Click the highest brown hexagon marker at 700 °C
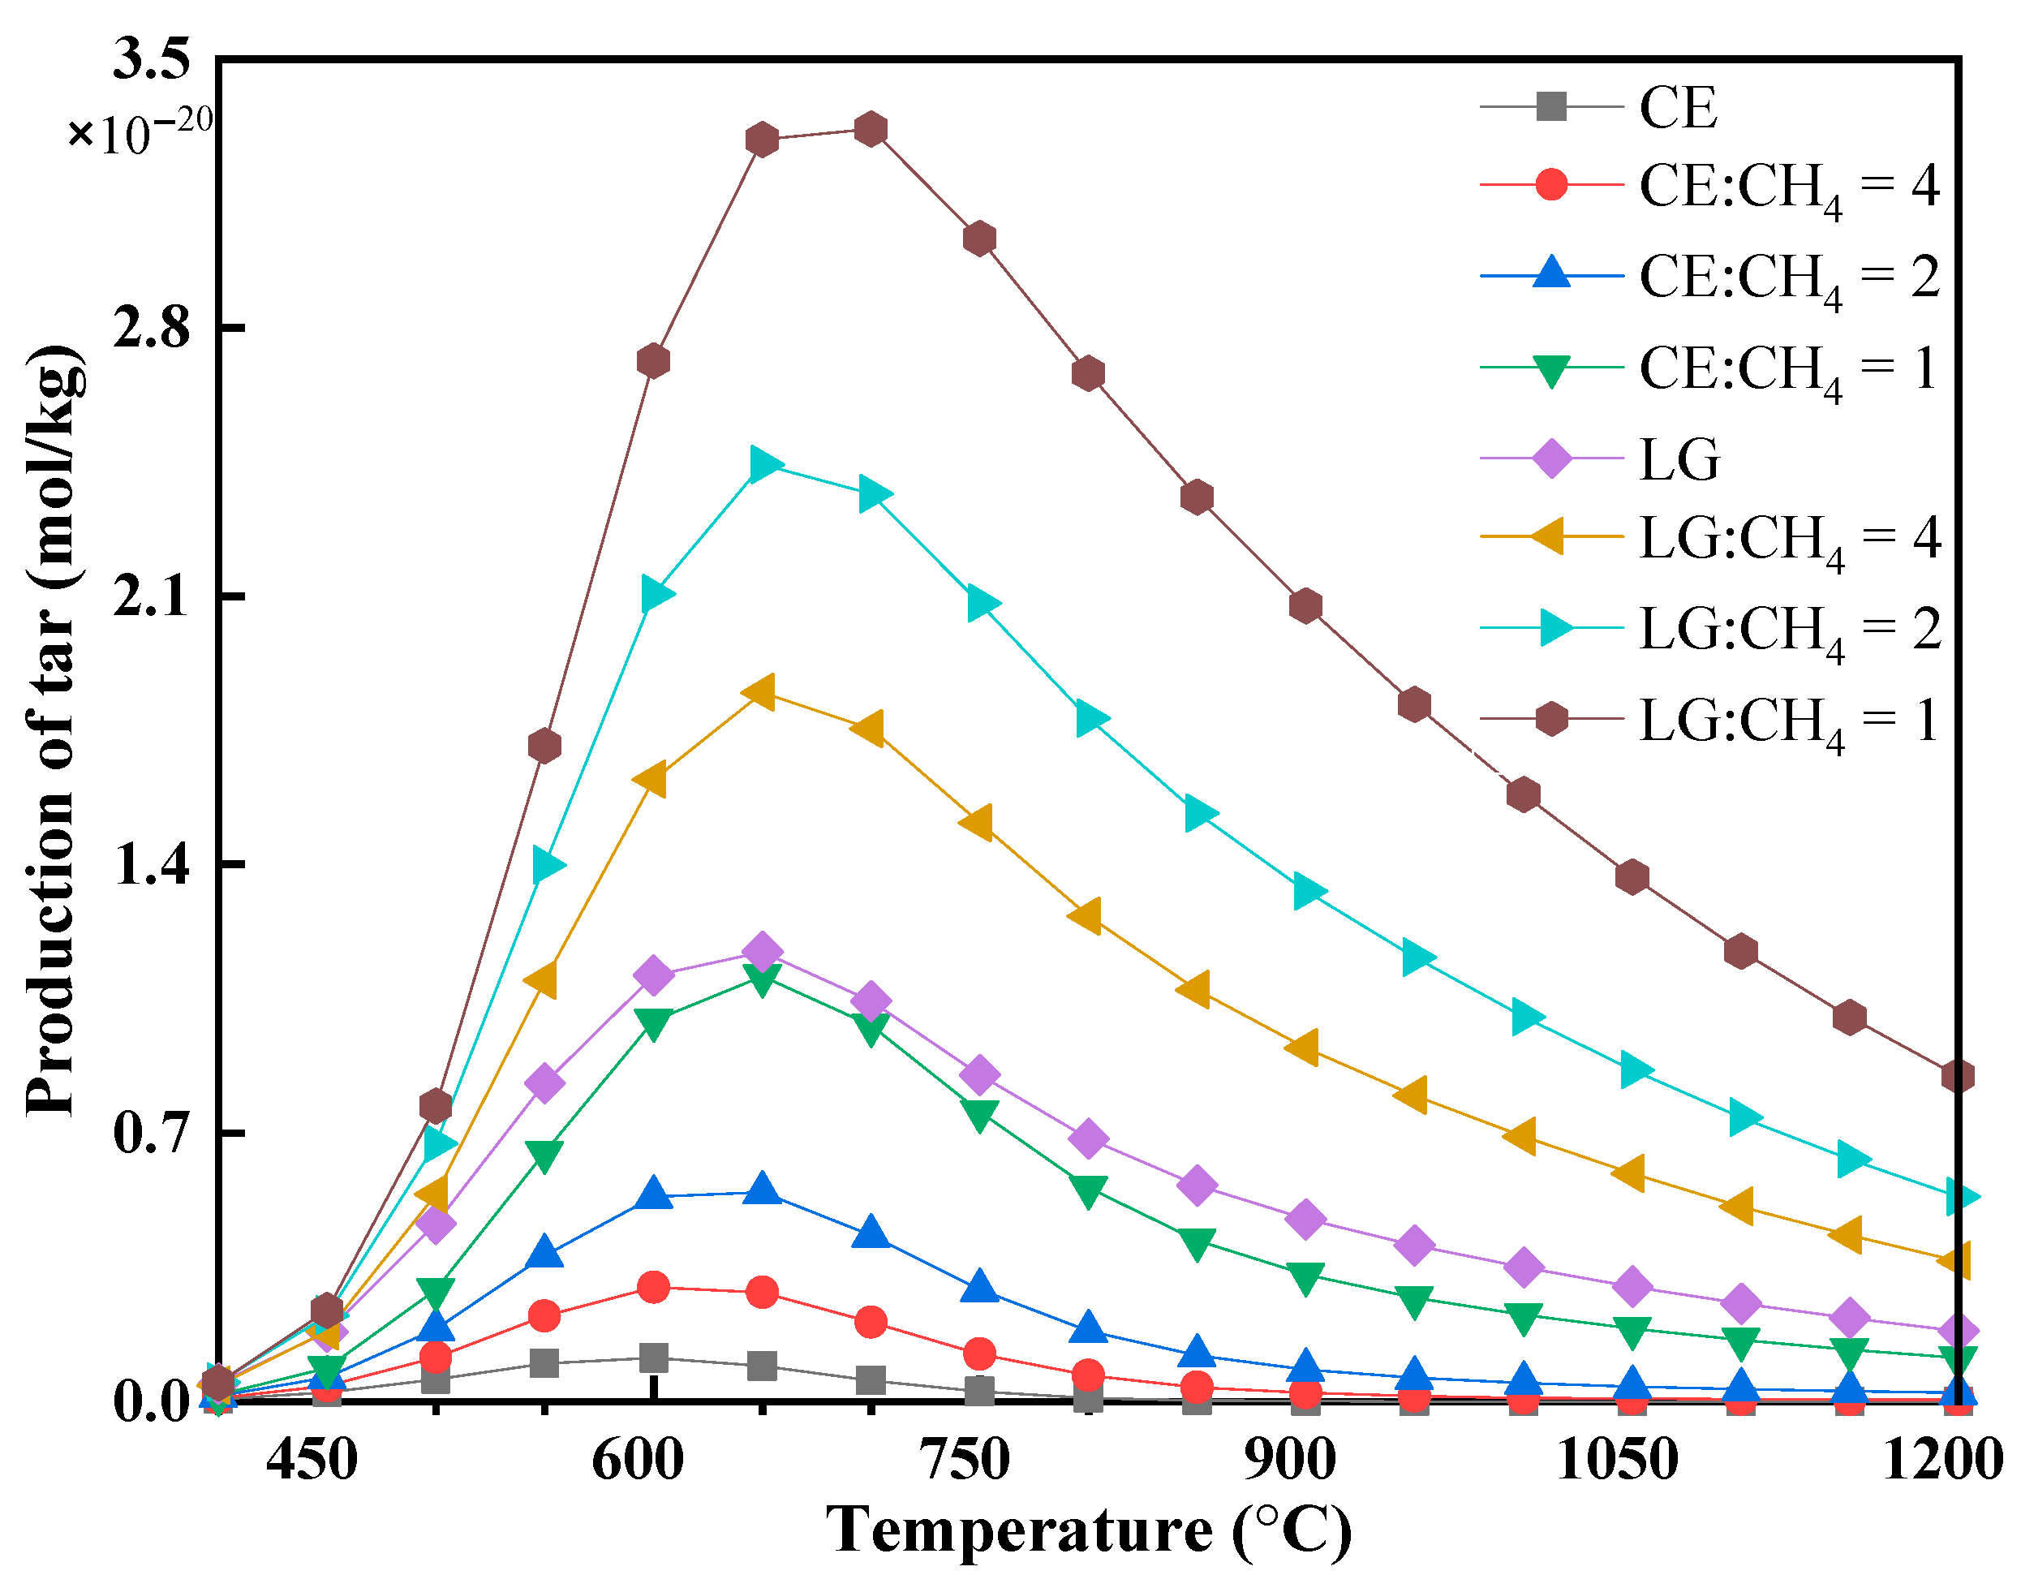point(870,129)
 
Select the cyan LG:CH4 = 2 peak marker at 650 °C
point(763,463)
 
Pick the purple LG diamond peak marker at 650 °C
point(763,952)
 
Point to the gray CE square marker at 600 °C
point(654,1358)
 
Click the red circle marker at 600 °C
point(654,1288)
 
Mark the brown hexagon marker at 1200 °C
point(1958,1077)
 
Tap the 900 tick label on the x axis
point(1290,1461)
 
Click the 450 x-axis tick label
point(312,1461)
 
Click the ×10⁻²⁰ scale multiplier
point(140,133)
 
